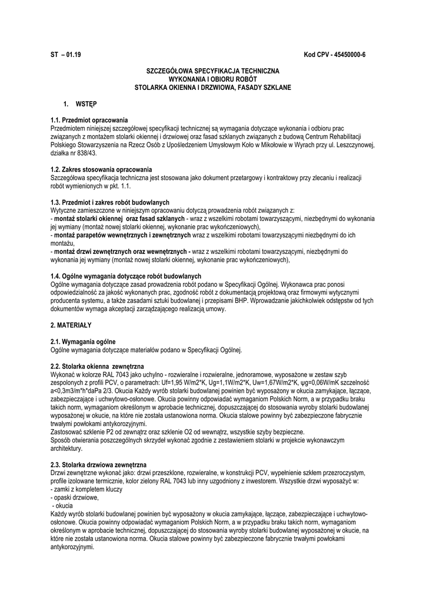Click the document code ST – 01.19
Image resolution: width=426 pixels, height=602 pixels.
click(66, 55)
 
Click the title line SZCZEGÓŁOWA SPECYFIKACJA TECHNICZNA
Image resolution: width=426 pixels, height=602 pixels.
click(212, 71)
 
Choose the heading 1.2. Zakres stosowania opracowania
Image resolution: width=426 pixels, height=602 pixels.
click(101, 169)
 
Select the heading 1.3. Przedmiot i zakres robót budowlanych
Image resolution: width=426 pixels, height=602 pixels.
click(110, 202)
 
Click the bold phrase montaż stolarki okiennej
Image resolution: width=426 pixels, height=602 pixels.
click(88, 219)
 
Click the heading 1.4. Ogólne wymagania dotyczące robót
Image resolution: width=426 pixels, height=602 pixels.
click(126, 276)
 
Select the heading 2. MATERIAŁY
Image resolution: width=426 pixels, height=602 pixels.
click(71, 325)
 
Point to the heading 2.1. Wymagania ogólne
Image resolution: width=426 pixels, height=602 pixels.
click(83, 341)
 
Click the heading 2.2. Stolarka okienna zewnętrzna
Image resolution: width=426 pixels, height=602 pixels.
click(94, 366)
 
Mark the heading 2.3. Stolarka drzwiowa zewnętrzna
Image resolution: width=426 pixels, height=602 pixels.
click(98, 464)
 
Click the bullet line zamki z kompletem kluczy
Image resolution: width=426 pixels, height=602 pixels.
click(88, 489)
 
